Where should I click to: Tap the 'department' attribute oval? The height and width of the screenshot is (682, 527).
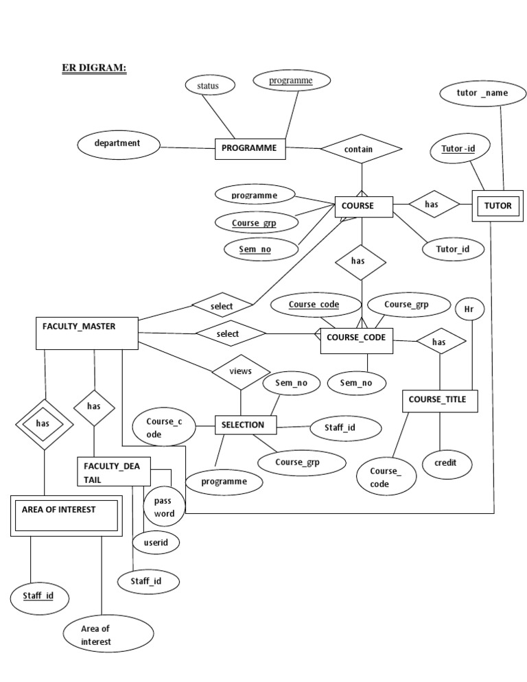118,144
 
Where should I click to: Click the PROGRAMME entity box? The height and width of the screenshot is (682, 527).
250,148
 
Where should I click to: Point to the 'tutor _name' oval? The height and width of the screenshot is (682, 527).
482,93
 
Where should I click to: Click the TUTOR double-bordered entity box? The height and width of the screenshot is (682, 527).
497,205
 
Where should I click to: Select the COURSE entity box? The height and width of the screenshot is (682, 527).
364,207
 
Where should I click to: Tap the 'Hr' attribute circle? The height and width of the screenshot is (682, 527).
469,309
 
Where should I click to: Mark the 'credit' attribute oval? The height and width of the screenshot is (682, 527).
445,464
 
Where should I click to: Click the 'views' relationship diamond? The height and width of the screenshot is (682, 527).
240,371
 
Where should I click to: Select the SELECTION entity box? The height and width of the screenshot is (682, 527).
246,425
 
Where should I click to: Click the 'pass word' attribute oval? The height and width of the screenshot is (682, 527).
164,508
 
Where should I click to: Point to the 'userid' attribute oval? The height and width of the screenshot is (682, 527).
156,543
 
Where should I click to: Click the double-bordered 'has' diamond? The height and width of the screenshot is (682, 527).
44,424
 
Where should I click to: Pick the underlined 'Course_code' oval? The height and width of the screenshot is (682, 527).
314,305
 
